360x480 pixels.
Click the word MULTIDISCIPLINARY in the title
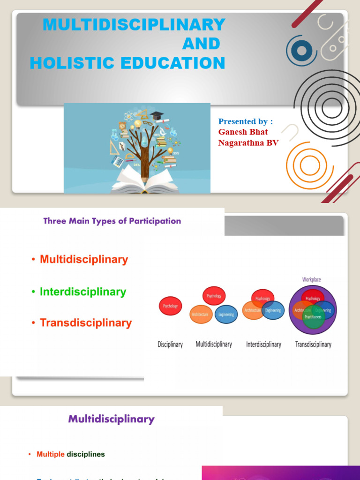point(134,24)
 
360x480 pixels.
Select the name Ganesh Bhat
point(243,132)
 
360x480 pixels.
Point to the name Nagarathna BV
point(248,143)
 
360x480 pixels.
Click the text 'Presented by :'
point(245,121)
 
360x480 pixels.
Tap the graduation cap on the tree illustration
point(157,115)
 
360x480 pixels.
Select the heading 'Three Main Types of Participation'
point(112,221)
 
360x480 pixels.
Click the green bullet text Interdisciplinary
point(83,292)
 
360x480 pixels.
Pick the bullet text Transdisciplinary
point(86,322)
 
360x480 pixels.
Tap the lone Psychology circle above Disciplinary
point(170,306)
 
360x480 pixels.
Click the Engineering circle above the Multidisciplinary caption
point(226,315)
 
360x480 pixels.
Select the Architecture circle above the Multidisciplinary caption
point(200,315)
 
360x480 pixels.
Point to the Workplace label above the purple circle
point(312,279)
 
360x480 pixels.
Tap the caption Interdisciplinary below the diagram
point(263,345)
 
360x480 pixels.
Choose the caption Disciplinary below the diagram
point(170,345)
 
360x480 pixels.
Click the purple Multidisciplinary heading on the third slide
point(112,419)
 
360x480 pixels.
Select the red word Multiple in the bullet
point(51,454)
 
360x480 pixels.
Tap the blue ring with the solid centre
point(301,51)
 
